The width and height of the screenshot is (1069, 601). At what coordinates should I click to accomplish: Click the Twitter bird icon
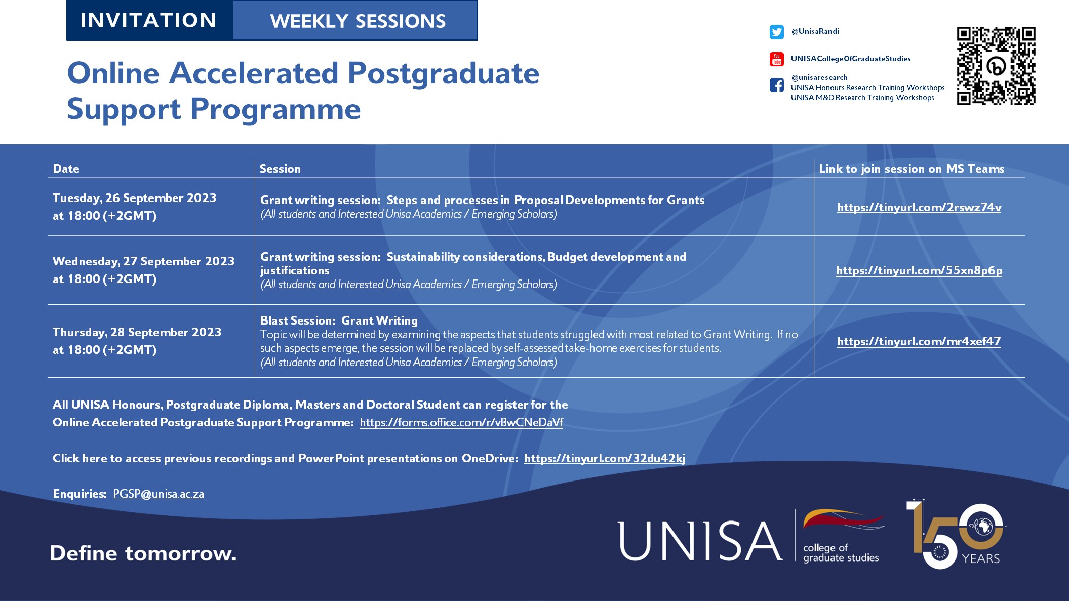(x=776, y=32)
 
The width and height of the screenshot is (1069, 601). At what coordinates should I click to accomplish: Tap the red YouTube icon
(x=776, y=59)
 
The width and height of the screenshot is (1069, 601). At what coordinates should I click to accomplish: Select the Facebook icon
(x=776, y=85)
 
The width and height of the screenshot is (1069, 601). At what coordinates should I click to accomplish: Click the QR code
(x=996, y=66)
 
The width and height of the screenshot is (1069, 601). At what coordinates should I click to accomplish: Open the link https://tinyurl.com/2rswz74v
(x=919, y=207)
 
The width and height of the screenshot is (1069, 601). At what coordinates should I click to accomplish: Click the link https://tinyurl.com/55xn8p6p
(x=919, y=270)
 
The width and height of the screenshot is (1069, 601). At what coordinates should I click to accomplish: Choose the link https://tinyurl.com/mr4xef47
(x=919, y=341)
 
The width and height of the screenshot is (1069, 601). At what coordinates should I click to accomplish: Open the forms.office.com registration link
(x=461, y=422)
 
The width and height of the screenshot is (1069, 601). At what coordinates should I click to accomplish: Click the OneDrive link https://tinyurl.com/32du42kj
(x=605, y=458)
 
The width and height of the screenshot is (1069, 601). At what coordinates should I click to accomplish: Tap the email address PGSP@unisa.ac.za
(x=159, y=494)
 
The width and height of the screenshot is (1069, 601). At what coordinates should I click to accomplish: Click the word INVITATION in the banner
(x=148, y=20)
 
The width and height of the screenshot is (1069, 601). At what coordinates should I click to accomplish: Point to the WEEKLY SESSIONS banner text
(x=358, y=21)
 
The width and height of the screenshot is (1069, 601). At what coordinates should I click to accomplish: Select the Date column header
(x=66, y=169)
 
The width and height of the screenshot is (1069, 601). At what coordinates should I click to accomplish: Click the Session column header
(x=280, y=169)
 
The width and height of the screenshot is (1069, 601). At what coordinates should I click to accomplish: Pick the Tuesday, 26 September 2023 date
(x=134, y=198)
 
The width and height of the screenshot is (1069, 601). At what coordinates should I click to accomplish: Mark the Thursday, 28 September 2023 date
(x=137, y=332)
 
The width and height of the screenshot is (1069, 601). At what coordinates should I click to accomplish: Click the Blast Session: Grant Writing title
(x=339, y=320)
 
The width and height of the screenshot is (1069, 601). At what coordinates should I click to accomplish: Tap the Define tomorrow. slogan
(x=143, y=553)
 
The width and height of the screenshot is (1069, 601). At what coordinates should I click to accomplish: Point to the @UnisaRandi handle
(x=815, y=31)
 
